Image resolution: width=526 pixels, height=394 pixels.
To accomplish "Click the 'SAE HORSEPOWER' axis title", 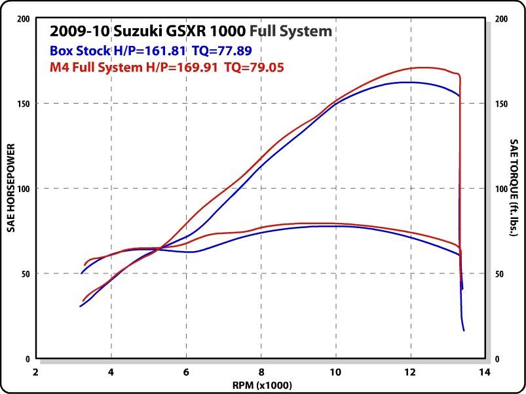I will click(x=10, y=189).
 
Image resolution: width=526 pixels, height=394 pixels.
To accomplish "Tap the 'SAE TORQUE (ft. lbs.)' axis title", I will click(x=516, y=189).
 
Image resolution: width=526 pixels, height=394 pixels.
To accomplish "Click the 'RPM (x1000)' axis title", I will click(x=261, y=385).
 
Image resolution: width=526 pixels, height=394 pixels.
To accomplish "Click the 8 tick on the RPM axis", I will click(x=261, y=371).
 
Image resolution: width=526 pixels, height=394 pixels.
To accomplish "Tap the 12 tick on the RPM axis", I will click(x=411, y=371).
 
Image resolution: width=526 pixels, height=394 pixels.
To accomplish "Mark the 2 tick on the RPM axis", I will click(x=36, y=371).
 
